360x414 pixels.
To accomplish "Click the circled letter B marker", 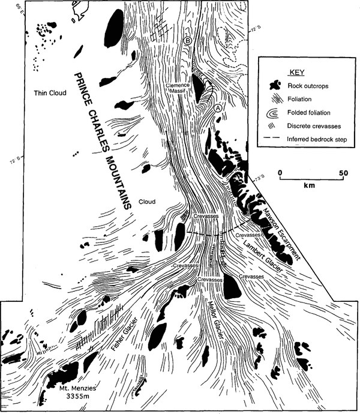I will pyautogui.click(x=188, y=41).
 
